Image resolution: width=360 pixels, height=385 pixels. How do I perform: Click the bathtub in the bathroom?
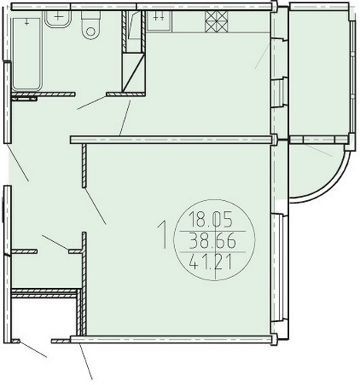(x=27, y=54)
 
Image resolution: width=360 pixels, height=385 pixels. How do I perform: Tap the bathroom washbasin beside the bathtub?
(x=58, y=18)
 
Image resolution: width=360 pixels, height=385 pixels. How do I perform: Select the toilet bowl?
(x=90, y=25)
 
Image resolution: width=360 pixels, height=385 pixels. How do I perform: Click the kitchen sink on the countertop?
(x=159, y=21)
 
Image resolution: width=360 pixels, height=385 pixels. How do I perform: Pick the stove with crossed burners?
(x=217, y=22)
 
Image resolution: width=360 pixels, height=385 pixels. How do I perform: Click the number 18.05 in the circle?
(x=210, y=219)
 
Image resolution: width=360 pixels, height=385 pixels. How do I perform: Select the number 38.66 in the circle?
(x=212, y=241)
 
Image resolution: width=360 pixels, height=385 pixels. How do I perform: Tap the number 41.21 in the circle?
(x=210, y=263)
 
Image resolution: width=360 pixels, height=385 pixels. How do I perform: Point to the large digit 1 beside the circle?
(x=163, y=235)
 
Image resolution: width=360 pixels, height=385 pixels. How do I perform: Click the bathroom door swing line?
(x=92, y=102)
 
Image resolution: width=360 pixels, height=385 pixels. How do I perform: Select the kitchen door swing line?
(x=125, y=118)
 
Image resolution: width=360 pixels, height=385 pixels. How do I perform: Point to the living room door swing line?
(x=96, y=206)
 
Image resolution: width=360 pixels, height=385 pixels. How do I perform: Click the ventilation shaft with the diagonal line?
(x=133, y=72)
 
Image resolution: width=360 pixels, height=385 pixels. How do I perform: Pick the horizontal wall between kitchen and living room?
(x=171, y=139)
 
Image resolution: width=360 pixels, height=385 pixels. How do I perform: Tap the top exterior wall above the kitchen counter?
(x=204, y=6)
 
